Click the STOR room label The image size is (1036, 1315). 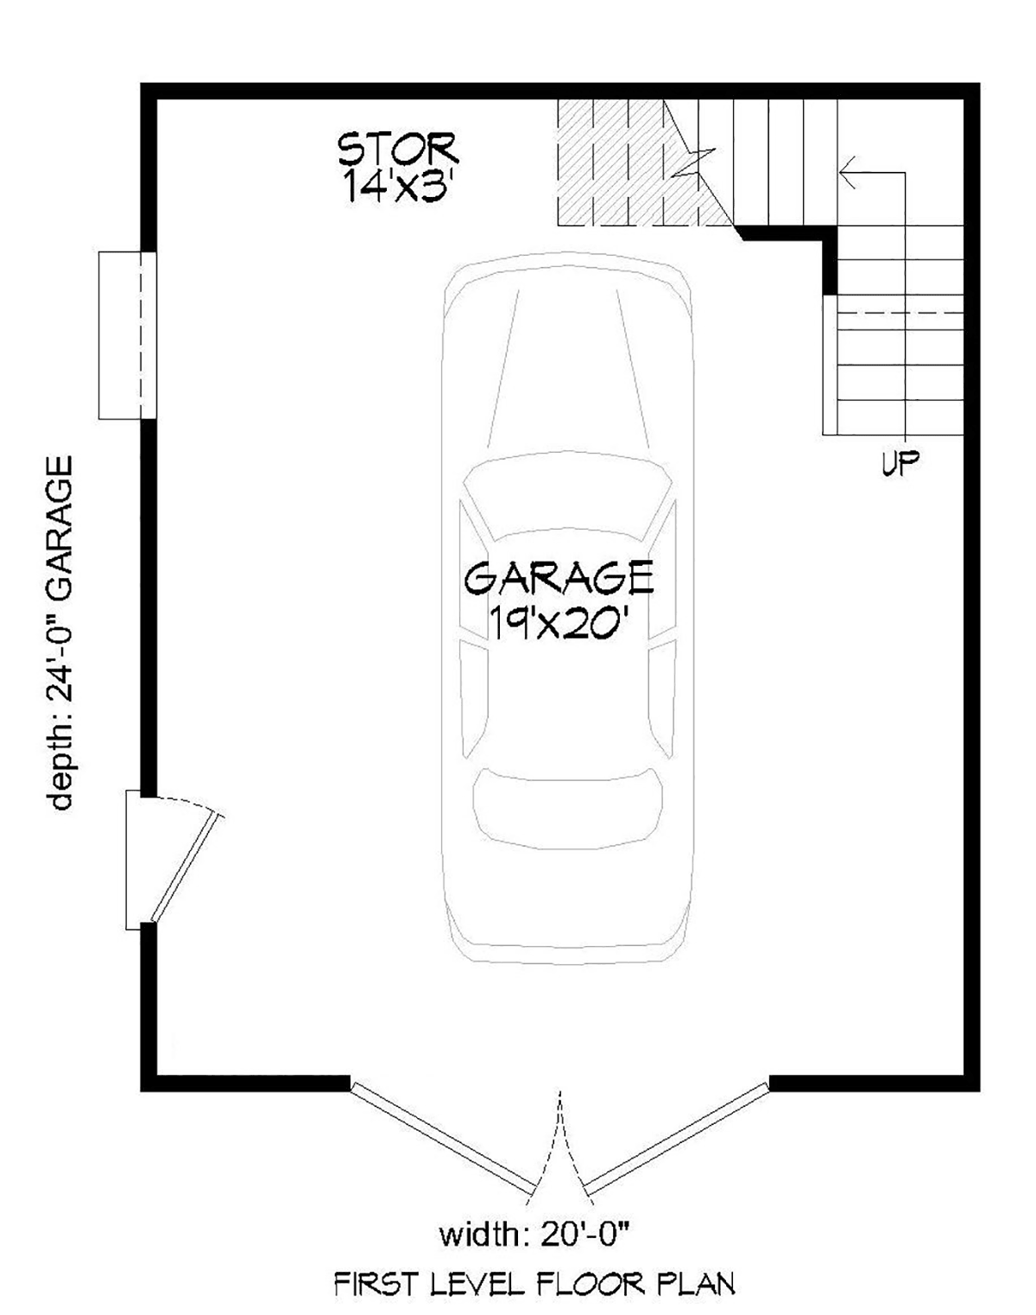(x=397, y=149)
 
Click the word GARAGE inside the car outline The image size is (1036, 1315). (x=559, y=578)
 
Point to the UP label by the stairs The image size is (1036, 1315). (x=900, y=463)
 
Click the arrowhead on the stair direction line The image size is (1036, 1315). (x=847, y=172)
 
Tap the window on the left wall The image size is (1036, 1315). (x=128, y=335)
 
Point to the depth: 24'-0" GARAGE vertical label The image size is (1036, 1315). (x=60, y=632)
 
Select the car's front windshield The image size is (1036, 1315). (x=568, y=496)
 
